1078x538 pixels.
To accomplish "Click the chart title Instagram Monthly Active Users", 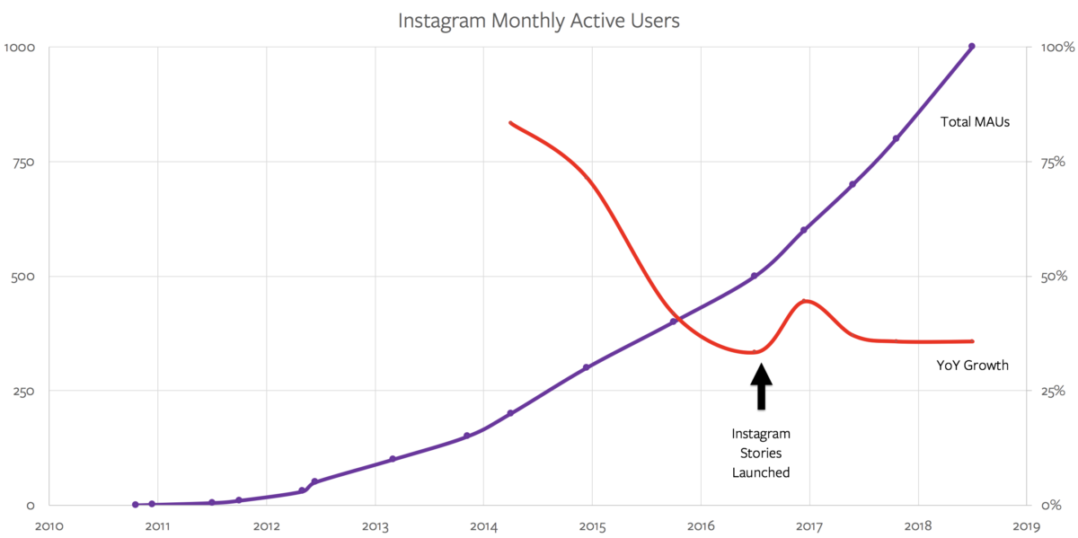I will pos(538,19).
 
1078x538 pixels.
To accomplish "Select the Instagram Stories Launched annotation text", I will pos(761,453).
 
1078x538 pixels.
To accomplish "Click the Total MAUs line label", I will pos(976,121).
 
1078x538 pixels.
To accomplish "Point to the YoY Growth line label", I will pos(972,365).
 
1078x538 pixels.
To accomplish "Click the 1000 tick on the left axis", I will pos(19,48).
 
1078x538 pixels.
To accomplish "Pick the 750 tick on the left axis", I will pos(21,162).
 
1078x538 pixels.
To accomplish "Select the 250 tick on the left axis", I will pos(21,391).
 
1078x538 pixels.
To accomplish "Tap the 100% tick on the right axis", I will pos(1056,48).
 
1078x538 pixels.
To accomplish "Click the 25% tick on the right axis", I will pos(1053,391).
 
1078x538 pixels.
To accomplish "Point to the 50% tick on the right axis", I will pos(1053,277).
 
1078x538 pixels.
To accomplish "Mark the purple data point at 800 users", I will pos(896,138).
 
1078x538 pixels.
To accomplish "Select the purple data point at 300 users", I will pos(586,367).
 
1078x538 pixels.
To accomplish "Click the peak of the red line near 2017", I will pos(806,301).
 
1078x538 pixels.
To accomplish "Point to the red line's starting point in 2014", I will pos(510,123).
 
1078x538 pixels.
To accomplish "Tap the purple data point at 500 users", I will pos(755,276).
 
